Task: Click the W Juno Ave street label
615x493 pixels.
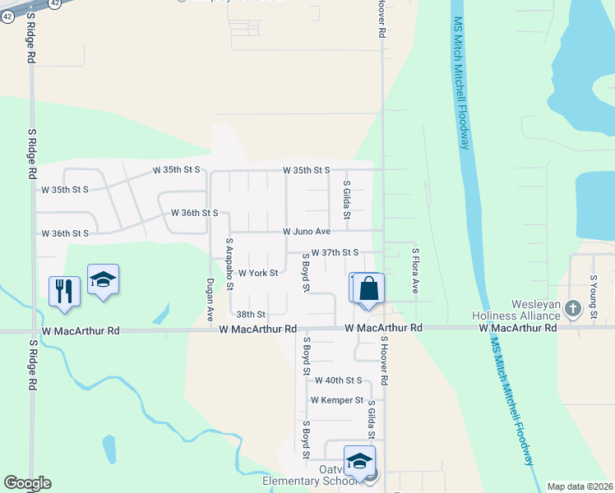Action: point(306,232)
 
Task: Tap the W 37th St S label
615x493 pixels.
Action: point(335,253)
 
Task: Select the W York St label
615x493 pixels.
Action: point(257,274)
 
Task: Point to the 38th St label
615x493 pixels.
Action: point(251,315)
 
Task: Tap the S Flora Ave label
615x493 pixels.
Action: point(416,271)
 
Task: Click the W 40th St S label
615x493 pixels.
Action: point(338,380)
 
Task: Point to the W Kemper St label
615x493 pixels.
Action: point(336,400)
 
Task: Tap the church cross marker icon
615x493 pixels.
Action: point(573,309)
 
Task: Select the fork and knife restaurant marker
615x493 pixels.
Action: point(64,290)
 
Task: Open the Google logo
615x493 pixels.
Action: point(27,483)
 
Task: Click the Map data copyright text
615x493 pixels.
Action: point(580,486)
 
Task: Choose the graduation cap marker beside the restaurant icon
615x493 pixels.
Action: point(104,279)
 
